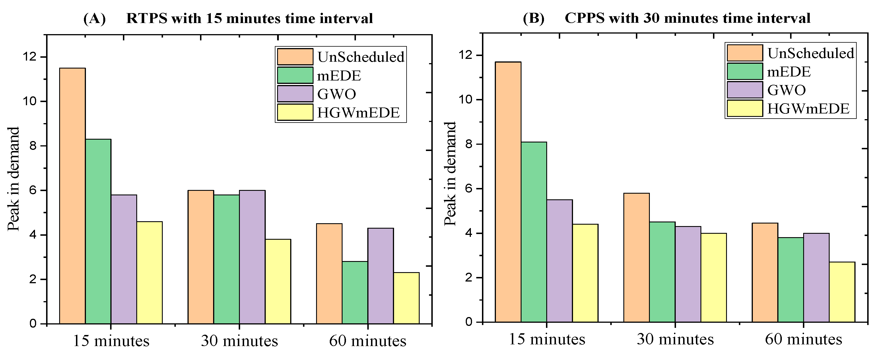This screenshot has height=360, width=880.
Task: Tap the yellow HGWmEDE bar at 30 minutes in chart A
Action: pyautogui.click(x=278, y=282)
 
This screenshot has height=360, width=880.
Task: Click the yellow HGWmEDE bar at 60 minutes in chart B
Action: pyautogui.click(x=842, y=292)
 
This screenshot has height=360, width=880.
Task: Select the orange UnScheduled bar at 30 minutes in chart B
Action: pyautogui.click(x=636, y=258)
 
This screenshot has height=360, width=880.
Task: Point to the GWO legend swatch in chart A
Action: pyautogui.click(x=295, y=94)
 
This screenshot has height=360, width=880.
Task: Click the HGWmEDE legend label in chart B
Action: pyautogui.click(x=808, y=109)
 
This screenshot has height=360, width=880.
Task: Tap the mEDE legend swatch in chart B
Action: pyautogui.click(x=745, y=71)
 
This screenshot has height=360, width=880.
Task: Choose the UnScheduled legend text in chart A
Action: pyautogui.click(x=361, y=57)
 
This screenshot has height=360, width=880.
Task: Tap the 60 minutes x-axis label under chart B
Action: pyautogui.click(x=803, y=339)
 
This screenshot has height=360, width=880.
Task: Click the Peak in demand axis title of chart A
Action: pyautogui.click(x=13, y=179)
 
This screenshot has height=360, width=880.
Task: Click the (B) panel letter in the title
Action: pyautogui.click(x=533, y=18)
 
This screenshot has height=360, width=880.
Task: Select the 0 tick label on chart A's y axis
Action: pyautogui.click(x=33, y=323)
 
